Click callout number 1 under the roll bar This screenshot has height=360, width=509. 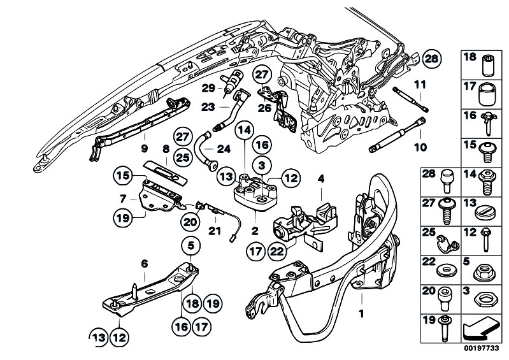point(362,313)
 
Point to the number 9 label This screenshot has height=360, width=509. point(144,148)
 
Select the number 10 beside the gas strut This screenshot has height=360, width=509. point(419,147)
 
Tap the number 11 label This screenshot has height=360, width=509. point(419,84)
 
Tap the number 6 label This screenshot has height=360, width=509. point(144,263)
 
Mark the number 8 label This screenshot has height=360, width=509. point(166,148)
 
